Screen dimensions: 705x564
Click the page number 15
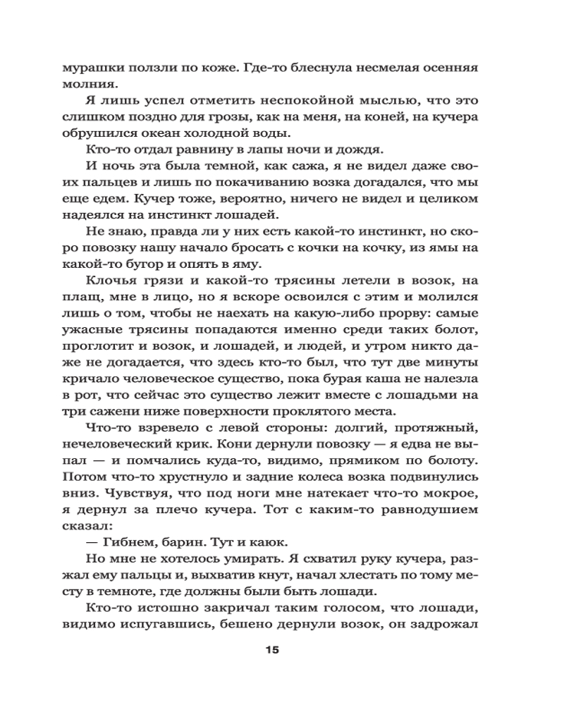coord(273,649)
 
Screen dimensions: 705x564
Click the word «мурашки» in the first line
coord(91,69)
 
